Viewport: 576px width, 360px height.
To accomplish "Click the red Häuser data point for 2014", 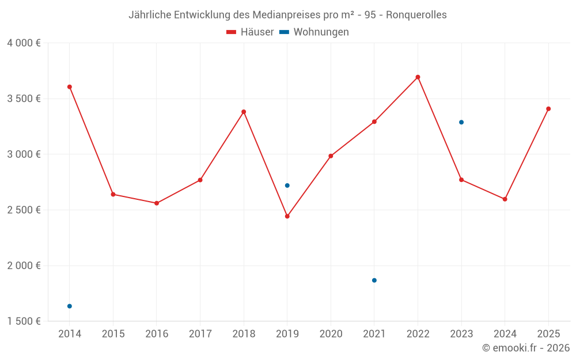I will [70, 87].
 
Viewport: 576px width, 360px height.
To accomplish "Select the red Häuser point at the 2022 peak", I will [418, 77].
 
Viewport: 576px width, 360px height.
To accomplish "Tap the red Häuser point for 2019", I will [287, 217].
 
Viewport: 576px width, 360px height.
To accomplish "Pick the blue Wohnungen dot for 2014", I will [70, 306].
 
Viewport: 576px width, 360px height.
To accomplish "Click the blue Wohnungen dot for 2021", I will [374, 281].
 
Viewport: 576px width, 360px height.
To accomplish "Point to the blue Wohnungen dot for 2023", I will [461, 122].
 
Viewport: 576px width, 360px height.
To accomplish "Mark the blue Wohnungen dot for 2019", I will [287, 185].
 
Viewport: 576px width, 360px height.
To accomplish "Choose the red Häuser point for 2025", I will [548, 109].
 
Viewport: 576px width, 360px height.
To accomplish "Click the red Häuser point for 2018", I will [244, 112].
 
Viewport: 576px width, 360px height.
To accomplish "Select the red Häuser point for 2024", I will [505, 199].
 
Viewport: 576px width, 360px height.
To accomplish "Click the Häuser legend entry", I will [250, 32].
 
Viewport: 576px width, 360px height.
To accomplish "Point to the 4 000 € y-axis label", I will [24, 43].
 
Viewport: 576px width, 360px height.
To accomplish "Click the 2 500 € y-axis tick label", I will [24, 210].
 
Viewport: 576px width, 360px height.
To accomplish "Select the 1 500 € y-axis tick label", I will [24, 321].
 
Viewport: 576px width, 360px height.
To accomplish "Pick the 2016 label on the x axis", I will [157, 334].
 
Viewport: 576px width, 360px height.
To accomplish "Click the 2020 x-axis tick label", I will [331, 334].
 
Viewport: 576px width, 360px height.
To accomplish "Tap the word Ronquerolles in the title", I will [416, 15].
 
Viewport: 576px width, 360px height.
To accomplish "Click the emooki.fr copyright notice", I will [525, 348].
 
